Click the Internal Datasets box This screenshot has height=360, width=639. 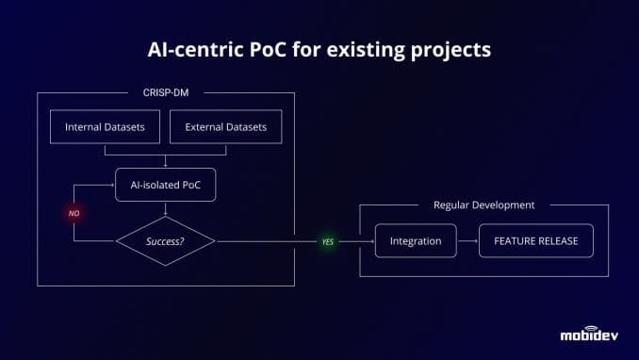pyautogui.click(x=105, y=127)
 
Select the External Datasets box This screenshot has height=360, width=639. pyautogui.click(x=225, y=127)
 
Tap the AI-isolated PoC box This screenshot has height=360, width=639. pyautogui.click(x=165, y=185)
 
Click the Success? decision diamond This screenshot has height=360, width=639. pyautogui.click(x=165, y=241)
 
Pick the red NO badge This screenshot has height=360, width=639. pyautogui.click(x=74, y=213)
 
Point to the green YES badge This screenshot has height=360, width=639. pyautogui.click(x=328, y=241)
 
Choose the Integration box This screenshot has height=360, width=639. pyautogui.click(x=415, y=241)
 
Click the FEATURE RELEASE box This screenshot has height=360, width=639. pyautogui.click(x=535, y=241)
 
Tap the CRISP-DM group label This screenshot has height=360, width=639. pyautogui.click(x=164, y=92)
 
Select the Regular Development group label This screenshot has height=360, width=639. pyautogui.click(x=483, y=205)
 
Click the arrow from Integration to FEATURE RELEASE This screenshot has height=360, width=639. pyautogui.click(x=467, y=241)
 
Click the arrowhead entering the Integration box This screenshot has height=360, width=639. pyautogui.click(x=370, y=241)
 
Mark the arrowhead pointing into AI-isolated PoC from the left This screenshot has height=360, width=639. pyautogui.click(x=111, y=185)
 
